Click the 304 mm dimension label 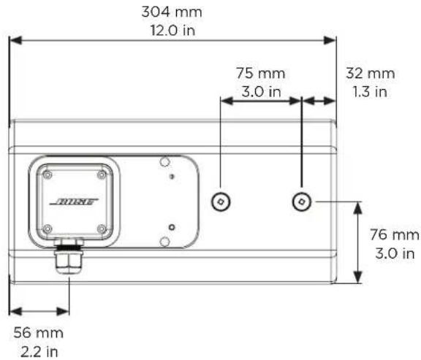(172, 12)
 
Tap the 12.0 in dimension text (172, 31)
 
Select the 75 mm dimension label (261, 73)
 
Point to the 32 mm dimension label (371, 73)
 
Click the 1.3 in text (370, 92)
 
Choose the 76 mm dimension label (395, 234)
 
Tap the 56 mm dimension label (39, 333)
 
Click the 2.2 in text (39, 351)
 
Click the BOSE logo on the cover (75, 202)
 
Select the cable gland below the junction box (68, 259)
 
